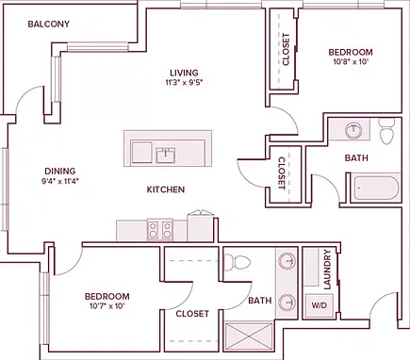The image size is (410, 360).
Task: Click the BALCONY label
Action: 49,25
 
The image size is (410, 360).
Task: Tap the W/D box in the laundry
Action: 320,305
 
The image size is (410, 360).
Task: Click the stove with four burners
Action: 160,230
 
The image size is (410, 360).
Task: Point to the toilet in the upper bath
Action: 386,131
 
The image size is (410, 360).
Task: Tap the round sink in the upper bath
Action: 353,130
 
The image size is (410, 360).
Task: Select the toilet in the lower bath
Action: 238,261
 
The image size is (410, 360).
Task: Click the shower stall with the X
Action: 249,336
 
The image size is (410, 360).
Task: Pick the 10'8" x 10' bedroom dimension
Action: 351,62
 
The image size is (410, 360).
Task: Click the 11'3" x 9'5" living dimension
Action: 185,83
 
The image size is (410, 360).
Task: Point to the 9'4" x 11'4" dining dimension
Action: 60,181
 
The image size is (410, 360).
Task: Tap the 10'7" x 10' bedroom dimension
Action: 107,306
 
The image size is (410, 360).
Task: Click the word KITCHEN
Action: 166,189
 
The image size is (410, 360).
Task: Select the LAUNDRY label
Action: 327,270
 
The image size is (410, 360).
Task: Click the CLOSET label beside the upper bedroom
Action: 286,49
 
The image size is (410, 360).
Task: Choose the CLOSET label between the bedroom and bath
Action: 282,173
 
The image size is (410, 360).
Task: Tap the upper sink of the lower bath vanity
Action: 287,260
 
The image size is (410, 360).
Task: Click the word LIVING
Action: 185,73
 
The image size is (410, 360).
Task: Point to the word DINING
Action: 60,172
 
